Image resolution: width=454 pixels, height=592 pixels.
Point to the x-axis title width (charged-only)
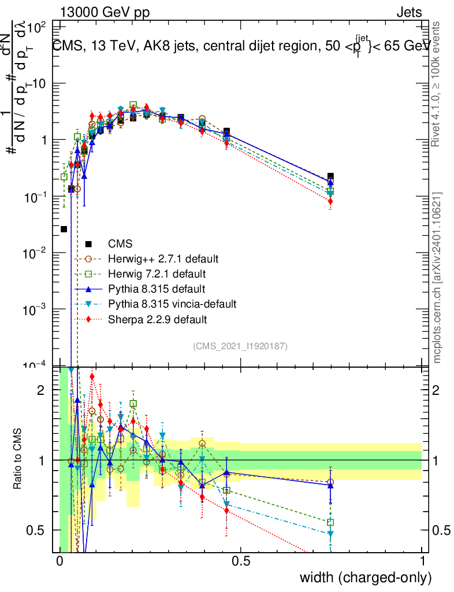point(366,577)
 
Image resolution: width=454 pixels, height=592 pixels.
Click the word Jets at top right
point(409,13)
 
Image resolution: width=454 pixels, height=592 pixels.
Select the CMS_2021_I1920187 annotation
point(240,346)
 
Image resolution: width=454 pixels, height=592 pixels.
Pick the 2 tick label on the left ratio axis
point(40,390)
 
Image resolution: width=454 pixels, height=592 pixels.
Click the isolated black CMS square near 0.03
point(64,230)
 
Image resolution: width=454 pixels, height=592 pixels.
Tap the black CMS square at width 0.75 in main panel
point(330,176)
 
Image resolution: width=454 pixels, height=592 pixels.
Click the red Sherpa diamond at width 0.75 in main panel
point(330,201)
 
